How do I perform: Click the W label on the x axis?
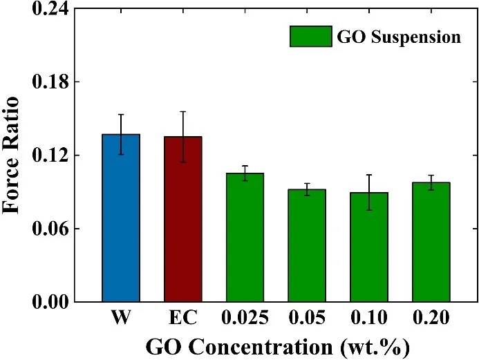pyautogui.click(x=121, y=319)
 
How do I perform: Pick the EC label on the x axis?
pyautogui.click(x=182, y=319)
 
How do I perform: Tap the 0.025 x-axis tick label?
pyautogui.click(x=245, y=319)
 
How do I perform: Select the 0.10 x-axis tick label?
pyautogui.click(x=368, y=319)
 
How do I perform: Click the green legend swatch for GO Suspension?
pyautogui.click(x=310, y=37)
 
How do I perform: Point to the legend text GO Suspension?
pyautogui.click(x=398, y=37)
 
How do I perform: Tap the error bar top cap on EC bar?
pyautogui.click(x=182, y=111)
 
